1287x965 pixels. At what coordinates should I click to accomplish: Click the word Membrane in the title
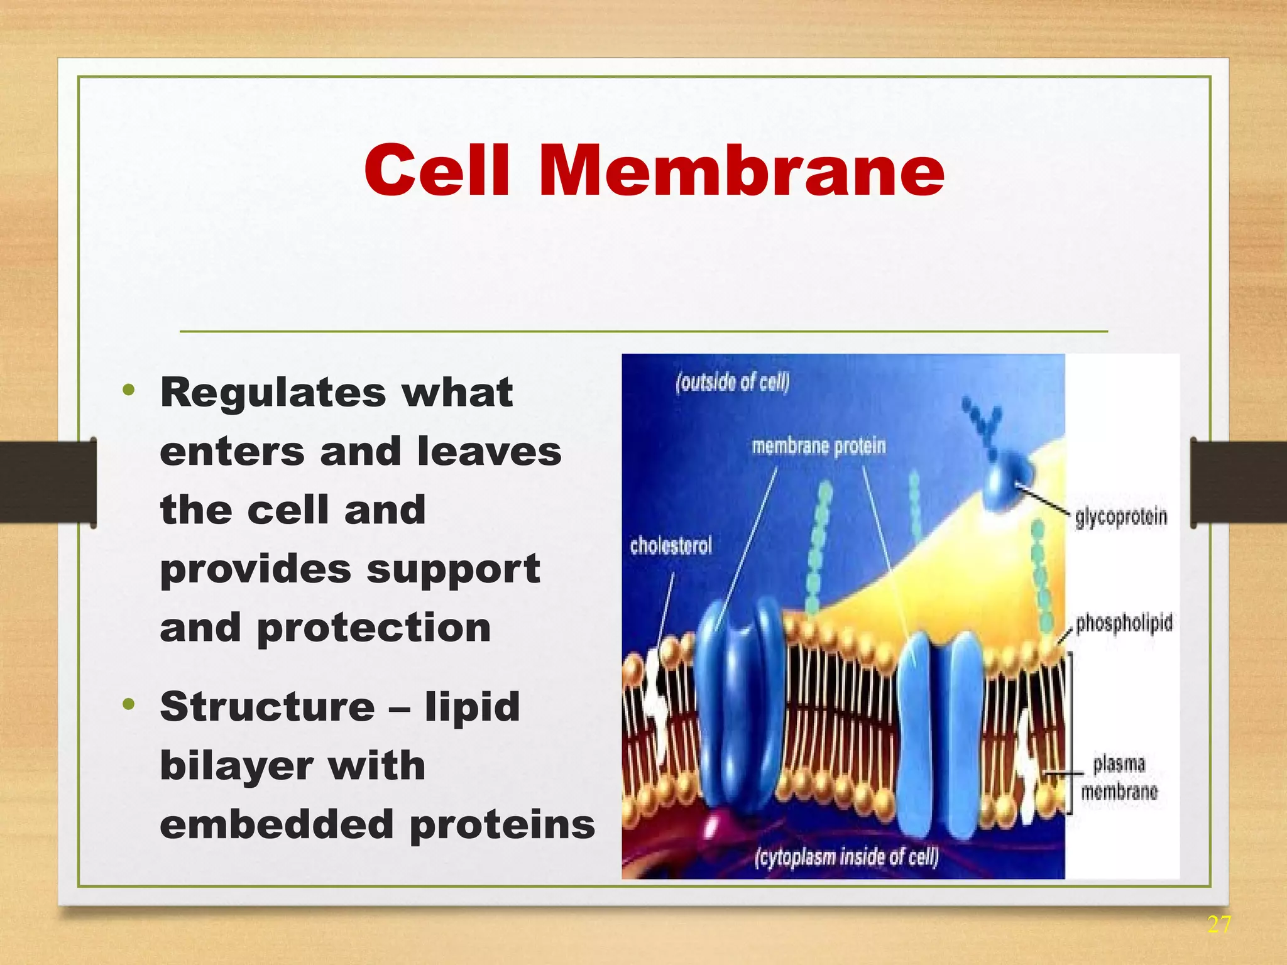pos(742,171)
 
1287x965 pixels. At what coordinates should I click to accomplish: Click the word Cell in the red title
pos(437,171)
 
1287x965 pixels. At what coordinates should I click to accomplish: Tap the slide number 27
pos(1219,925)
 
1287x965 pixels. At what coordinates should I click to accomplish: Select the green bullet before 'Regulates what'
pos(129,391)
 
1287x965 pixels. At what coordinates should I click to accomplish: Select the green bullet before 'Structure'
pos(129,704)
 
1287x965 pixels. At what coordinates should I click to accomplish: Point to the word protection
pos(374,628)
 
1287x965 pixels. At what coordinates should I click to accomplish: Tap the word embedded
pos(277,824)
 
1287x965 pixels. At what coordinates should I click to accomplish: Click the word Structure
pos(268,707)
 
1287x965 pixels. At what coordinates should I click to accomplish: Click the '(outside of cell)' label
pos(733,382)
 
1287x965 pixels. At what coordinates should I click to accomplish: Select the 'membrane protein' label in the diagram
pos(819,447)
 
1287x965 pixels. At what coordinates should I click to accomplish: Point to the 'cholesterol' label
pos(671,545)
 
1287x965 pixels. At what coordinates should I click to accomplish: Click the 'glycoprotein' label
pos(1121,517)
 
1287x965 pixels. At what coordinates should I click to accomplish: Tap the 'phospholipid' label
pos(1124,623)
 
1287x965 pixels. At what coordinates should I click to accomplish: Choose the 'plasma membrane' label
pos(1119,778)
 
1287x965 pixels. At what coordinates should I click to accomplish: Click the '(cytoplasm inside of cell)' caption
pos(846,857)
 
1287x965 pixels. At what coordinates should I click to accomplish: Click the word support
pos(453,569)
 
